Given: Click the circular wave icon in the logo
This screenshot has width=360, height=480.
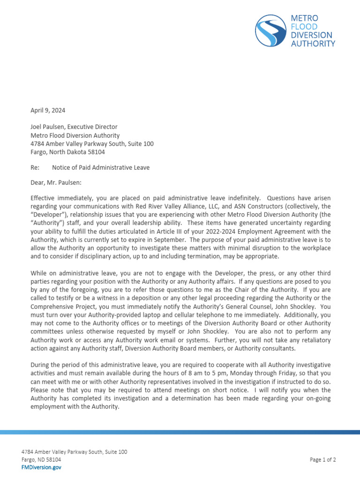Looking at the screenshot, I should click(271, 30).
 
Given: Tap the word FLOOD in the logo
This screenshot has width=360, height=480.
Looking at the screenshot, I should click(304, 27).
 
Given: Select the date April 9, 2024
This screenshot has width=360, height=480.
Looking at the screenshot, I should click(48, 111).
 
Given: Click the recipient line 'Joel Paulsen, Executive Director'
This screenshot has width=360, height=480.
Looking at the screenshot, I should click(74, 127).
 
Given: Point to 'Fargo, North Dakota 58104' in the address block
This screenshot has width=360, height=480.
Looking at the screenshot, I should click(67, 152).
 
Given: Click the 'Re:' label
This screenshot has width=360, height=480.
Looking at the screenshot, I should click(35, 167).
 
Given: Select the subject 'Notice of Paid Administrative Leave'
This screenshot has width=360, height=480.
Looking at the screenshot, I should click(101, 167).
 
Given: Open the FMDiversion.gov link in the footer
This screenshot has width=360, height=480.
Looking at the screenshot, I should click(41, 467).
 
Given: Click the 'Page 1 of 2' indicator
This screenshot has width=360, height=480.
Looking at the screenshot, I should click(323, 460).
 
